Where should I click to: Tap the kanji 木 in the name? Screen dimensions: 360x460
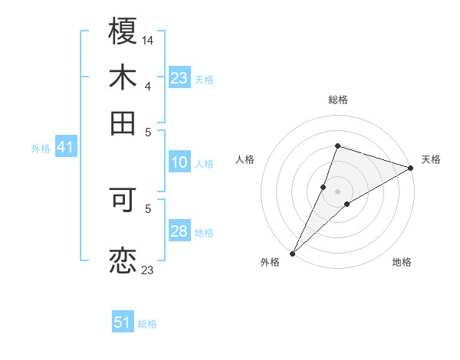pos(123,78)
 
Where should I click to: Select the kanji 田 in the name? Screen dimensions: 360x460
pos(123,123)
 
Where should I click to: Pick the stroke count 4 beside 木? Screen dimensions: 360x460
pos(148,87)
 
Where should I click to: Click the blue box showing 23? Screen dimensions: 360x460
pos(179,78)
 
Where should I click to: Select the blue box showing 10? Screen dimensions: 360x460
pos(179,162)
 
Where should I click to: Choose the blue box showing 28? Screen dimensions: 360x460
pos(179,231)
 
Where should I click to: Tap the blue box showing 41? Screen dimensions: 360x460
pos(65,147)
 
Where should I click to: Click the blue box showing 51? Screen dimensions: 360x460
pos(123,322)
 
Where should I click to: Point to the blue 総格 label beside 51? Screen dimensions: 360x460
pos(147,324)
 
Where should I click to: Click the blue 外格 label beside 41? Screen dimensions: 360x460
pos(40,149)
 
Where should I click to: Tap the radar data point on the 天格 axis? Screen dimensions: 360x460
pos(411,169)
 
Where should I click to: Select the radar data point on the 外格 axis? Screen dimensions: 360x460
pos(293,253)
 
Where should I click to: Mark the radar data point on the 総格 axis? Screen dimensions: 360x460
pos(337,146)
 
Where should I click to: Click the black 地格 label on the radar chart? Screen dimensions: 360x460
pos(402,263)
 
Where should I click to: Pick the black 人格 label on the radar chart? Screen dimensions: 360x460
pos(245,159)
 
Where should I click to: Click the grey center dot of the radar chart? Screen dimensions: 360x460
pos(337,191)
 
